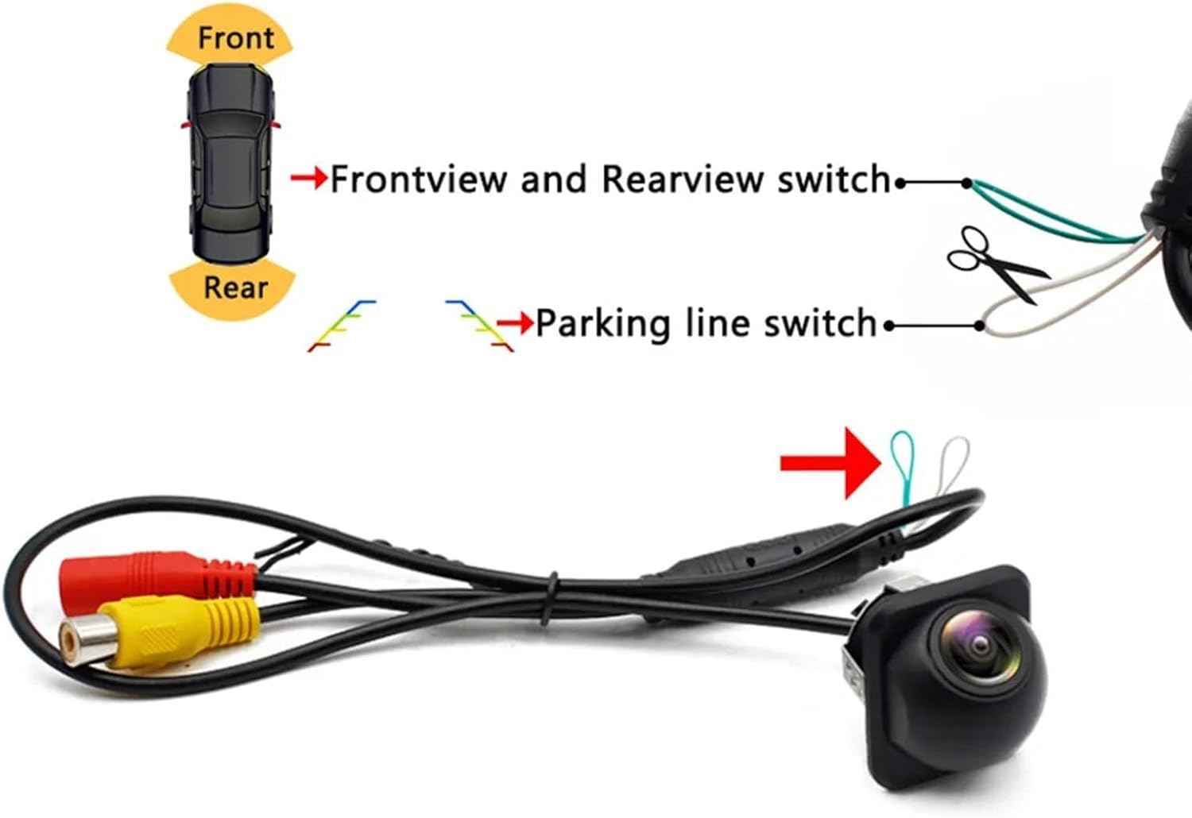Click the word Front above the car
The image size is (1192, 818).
coord(235,37)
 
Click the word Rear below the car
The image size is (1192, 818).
coord(235,287)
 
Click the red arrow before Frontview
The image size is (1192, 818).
coord(309,179)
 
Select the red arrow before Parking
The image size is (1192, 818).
coord(515,322)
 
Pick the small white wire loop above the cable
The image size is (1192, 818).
coord(954,462)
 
